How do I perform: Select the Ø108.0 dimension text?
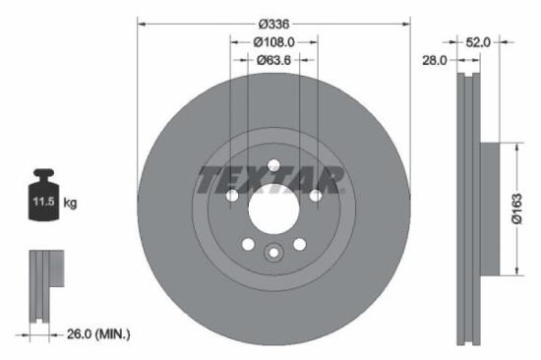(272, 42)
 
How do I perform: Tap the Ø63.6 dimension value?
(272, 61)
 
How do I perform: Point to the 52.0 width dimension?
(479, 42)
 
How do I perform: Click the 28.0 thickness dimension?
(435, 61)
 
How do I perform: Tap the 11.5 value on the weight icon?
(41, 203)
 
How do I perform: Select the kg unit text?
(70, 203)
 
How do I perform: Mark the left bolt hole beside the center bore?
(232, 196)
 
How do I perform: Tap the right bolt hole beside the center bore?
(315, 196)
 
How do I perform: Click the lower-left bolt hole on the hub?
(248, 243)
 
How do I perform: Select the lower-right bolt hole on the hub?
(299, 243)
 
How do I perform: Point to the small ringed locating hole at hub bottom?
(273, 255)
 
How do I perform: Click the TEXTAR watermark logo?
(270, 180)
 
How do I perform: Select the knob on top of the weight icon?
(41, 176)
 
